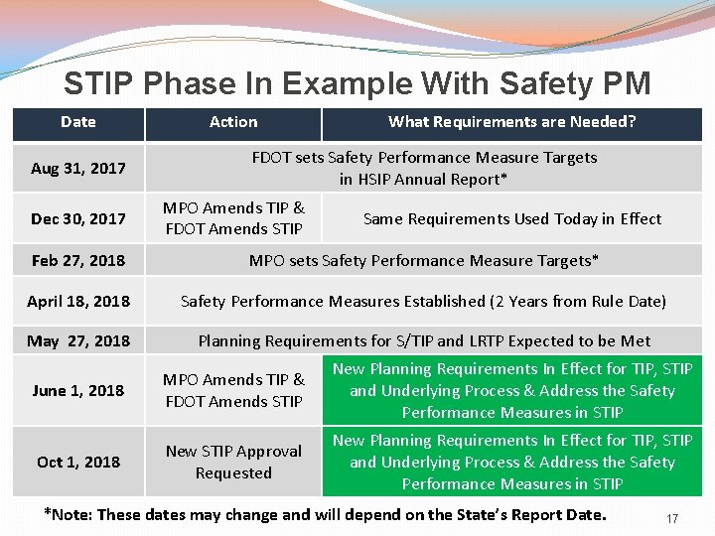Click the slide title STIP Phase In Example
(x=357, y=83)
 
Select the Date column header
(x=78, y=122)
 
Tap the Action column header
(x=233, y=122)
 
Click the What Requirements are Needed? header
(x=511, y=122)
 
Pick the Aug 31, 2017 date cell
(x=78, y=169)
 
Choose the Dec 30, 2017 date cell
(x=78, y=218)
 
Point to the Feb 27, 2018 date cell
(x=78, y=261)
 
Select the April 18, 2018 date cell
(x=78, y=302)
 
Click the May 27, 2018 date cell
(x=78, y=341)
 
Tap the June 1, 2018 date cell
(x=78, y=391)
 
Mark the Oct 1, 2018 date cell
(x=78, y=463)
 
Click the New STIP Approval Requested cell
(x=233, y=463)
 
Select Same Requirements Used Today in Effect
(x=511, y=218)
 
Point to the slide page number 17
(x=672, y=518)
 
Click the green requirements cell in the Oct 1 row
(x=511, y=463)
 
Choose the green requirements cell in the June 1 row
(x=511, y=391)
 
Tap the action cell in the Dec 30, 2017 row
(x=233, y=218)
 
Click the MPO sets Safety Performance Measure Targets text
(x=424, y=261)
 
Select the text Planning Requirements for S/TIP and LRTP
(x=377, y=341)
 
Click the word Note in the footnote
(x=78, y=514)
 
